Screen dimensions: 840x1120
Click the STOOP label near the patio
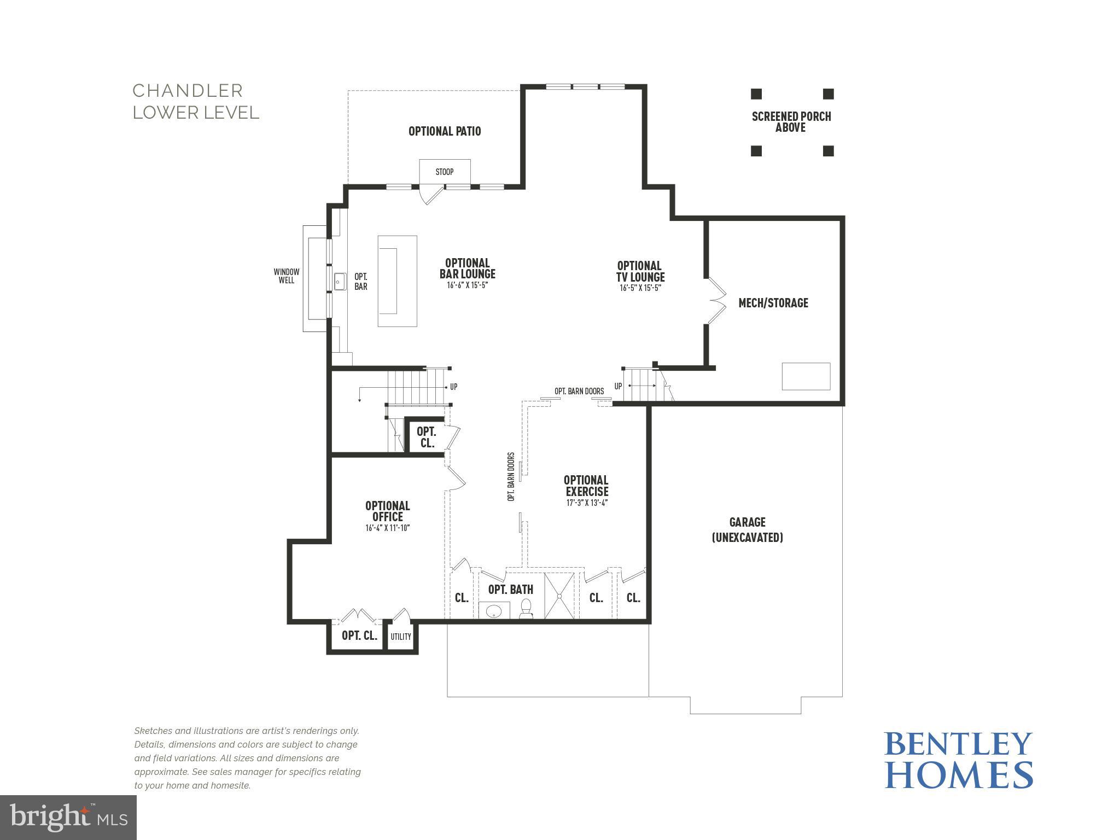[444, 172]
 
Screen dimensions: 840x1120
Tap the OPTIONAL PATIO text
[445, 131]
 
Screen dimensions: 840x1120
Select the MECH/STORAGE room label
[773, 303]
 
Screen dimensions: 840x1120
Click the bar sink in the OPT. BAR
[340, 282]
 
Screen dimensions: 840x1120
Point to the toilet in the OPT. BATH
[526, 609]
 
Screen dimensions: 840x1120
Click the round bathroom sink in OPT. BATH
[494, 610]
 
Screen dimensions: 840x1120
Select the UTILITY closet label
[400, 637]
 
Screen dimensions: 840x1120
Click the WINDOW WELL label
[287, 276]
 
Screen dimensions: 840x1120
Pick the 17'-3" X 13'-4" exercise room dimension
[587, 503]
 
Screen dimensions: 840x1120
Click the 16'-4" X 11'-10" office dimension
[387, 528]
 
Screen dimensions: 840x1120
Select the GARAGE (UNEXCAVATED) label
[747, 530]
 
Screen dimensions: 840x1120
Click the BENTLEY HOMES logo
[958, 760]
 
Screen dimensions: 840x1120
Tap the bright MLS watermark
[68, 817]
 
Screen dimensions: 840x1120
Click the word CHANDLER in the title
[188, 91]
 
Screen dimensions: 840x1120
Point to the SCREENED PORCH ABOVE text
[791, 122]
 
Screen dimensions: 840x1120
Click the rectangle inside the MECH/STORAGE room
[806, 376]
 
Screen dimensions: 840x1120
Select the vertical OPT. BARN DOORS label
[511, 476]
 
